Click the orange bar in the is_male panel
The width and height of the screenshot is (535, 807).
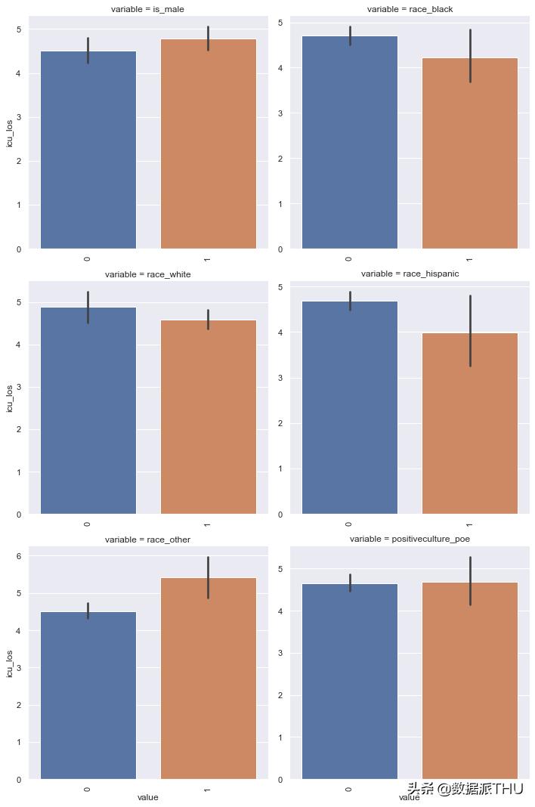pyautogui.click(x=208, y=144)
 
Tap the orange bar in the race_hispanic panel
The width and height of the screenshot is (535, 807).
pyautogui.click(x=469, y=423)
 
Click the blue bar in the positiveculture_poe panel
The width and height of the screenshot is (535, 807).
pyautogui.click(x=349, y=681)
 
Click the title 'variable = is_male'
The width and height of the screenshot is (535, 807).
pyautogui.click(x=147, y=9)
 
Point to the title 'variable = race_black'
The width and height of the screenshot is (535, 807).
pyautogui.click(x=409, y=9)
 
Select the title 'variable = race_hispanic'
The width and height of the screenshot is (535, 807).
pyautogui.click(x=409, y=274)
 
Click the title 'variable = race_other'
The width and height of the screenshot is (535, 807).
pyautogui.click(x=147, y=540)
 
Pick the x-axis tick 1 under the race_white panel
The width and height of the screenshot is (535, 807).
pyautogui.click(x=206, y=524)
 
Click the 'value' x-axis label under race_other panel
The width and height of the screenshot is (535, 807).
pyautogui.click(x=147, y=797)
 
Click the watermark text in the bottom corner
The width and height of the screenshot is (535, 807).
pyautogui.click(x=465, y=789)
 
